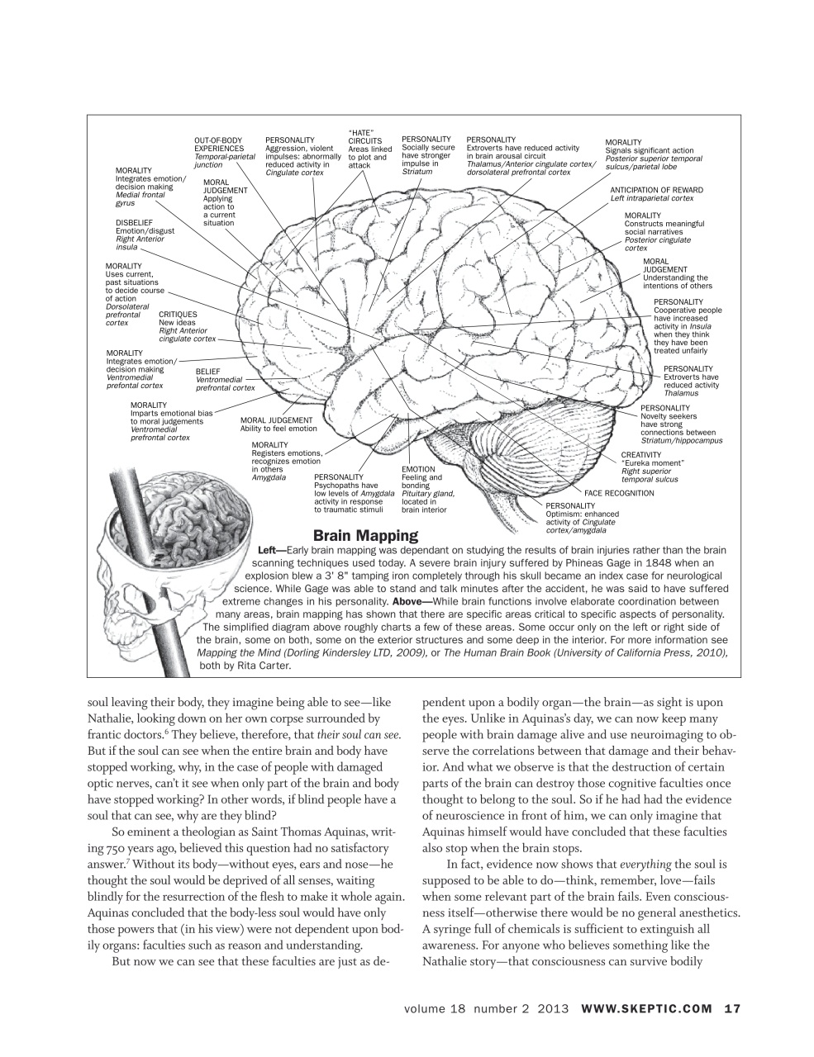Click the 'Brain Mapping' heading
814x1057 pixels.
(364, 535)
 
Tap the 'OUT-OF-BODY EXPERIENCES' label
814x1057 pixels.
(219, 145)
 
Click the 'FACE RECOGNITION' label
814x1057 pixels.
(619, 493)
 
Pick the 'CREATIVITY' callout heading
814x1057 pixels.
(641, 454)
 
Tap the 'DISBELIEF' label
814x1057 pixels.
(134, 222)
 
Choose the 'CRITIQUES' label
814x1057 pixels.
(178, 314)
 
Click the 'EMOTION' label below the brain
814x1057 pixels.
(418, 469)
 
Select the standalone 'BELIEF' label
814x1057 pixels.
(207, 372)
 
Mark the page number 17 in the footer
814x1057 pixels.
(732, 1008)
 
